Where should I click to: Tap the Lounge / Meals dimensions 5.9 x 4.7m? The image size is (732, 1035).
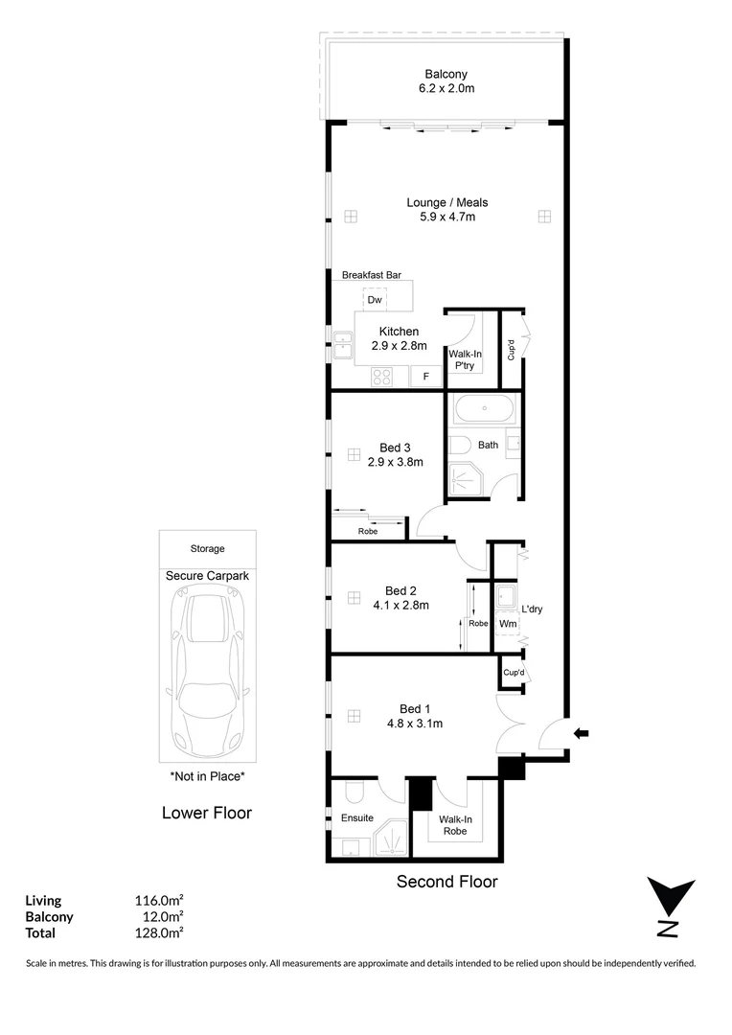[x=447, y=217]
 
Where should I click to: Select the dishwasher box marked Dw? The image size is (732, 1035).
[x=375, y=300]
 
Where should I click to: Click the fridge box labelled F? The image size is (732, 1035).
[x=426, y=377]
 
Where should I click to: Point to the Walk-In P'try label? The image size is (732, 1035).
[x=466, y=359]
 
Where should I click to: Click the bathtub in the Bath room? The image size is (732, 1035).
[x=484, y=411]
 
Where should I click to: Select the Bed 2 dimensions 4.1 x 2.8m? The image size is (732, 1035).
[x=400, y=605]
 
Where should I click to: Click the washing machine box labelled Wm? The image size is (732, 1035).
[x=508, y=624]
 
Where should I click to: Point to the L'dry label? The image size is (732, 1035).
[x=532, y=609]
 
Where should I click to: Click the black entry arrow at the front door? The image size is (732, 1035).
[x=581, y=734]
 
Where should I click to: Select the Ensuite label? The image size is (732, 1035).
[x=357, y=817]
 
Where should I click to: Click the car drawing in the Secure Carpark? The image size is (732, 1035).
[x=207, y=674]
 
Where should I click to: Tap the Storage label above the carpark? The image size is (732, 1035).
[x=207, y=549]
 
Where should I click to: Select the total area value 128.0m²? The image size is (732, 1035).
[x=159, y=932]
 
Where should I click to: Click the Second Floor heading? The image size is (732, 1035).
[x=447, y=882]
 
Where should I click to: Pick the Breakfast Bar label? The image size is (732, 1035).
[x=371, y=275]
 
